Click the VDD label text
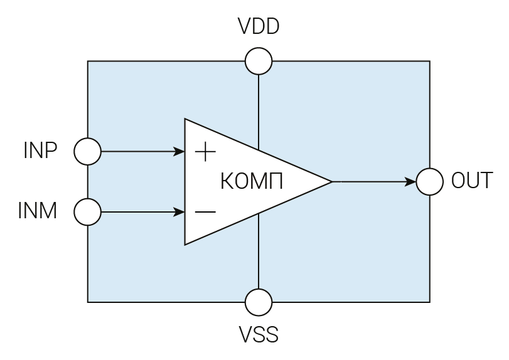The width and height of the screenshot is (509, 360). (259, 27)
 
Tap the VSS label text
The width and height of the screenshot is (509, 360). (259, 334)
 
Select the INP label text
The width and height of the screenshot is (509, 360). (40, 151)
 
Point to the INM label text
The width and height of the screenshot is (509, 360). (38, 211)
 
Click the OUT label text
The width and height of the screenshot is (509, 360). (472, 181)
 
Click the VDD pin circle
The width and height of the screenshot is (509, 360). (259, 61)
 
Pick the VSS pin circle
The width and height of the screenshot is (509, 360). (259, 302)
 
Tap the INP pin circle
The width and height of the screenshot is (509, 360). (87, 151)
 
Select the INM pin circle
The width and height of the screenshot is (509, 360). (87, 212)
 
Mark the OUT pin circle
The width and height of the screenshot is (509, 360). (430, 182)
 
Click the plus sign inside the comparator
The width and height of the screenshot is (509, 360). (205, 152)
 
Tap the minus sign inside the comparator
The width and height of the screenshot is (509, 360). (205, 212)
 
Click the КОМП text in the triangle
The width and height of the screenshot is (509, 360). (252, 182)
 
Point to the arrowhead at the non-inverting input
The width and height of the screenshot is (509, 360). (179, 151)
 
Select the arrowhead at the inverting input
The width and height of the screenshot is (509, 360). (179, 212)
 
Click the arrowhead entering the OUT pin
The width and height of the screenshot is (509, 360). (410, 182)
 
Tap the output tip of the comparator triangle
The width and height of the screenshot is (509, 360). (330, 182)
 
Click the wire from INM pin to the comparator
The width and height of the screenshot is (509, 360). (138, 212)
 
